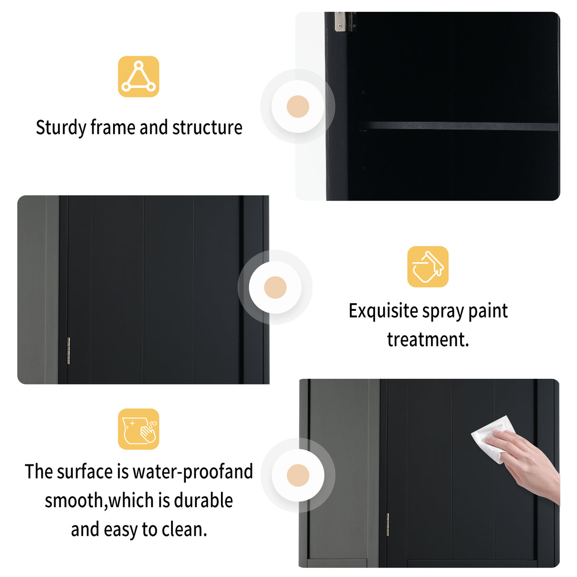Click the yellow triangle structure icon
coord(138,77)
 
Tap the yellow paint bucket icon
coord(428,267)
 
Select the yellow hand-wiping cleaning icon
coord(138,429)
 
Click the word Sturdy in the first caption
coord(61,128)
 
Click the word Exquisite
coord(383,311)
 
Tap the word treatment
coord(428,340)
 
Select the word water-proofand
coord(192,472)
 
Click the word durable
coord(203,501)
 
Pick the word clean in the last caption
coord(184,529)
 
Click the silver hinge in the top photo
coord(339,21)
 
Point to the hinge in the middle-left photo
coord(68,351)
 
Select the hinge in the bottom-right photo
coord(388,525)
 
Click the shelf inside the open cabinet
coord(459,126)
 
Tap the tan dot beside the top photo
coord(298,106)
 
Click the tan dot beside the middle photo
coord(275,288)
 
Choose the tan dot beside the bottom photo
coord(298,475)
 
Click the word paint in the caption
coord(488,311)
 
